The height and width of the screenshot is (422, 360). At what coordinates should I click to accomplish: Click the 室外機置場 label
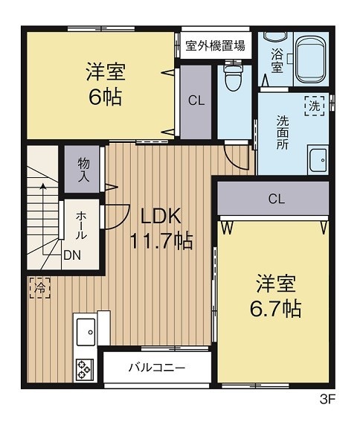215,45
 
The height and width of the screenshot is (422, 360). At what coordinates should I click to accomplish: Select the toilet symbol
232,76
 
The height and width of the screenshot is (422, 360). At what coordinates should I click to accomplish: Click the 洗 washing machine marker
315,105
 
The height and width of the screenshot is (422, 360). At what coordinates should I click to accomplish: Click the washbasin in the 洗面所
318,159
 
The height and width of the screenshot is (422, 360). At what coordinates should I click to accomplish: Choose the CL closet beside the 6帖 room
196,100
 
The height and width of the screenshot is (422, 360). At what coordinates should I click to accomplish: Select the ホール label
81,224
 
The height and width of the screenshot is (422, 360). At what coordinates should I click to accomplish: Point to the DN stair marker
72,255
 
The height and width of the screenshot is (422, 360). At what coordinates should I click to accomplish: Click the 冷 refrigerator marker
40,286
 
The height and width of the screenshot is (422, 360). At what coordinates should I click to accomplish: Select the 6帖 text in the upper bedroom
104,96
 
